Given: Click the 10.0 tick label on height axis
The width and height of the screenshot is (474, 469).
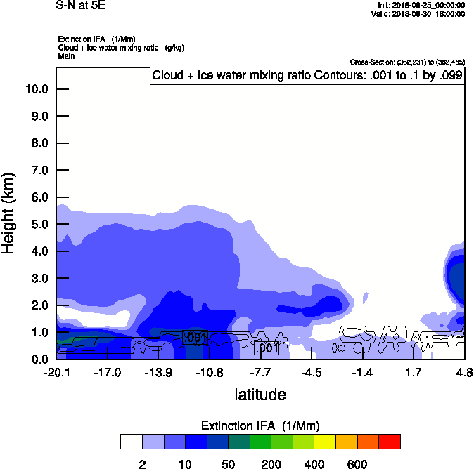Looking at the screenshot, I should point(36,89).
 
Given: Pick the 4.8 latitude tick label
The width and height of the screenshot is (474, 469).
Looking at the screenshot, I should point(464,372).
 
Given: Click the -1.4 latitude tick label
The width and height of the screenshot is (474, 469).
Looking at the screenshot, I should point(363,372).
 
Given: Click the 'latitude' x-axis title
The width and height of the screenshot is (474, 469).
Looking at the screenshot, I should point(260,395).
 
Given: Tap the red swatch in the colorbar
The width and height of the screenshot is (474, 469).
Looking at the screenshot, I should point(390,442).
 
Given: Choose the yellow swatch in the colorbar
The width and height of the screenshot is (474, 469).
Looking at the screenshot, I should point(325,442).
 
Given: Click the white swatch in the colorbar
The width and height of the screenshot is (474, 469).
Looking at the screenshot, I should point(131,442).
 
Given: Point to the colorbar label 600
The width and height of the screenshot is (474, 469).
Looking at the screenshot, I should point(357,464).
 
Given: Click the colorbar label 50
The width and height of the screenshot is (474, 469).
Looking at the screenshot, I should point(228,464).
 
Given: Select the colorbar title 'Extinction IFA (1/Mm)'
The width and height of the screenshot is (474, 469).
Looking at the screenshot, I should point(260,425).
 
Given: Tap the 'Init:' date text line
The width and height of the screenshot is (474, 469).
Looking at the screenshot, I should point(421,5).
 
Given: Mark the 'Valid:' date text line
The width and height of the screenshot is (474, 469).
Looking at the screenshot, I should point(418,13).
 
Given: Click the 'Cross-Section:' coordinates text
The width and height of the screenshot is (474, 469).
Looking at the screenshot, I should point(407,62).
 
